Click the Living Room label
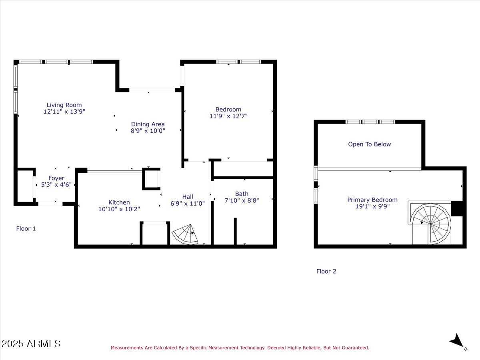pyautogui.click(x=64, y=105)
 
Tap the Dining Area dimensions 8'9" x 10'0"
pyautogui.click(x=148, y=131)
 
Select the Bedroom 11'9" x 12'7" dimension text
pyautogui.click(x=228, y=116)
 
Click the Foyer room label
pyautogui.click(x=56, y=178)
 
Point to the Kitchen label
pyautogui.click(x=119, y=202)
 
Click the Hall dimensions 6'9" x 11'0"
pyautogui.click(x=188, y=203)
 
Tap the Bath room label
pyautogui.click(x=242, y=194)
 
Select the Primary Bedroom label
pyautogui.click(x=372, y=200)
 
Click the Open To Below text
pyautogui.click(x=369, y=144)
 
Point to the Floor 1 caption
pyautogui.click(x=26, y=229)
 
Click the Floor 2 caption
pyautogui.click(x=326, y=271)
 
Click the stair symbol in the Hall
pyautogui.click(x=185, y=234)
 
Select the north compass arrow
pyautogui.click(x=456, y=341)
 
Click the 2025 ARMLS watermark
pyautogui.click(x=31, y=344)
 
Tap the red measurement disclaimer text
pyautogui.click(x=240, y=348)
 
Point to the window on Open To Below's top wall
pyautogui.click(x=370, y=122)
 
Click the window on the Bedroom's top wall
pyautogui.click(x=238, y=62)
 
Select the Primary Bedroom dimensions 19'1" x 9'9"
pyautogui.click(x=372, y=207)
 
